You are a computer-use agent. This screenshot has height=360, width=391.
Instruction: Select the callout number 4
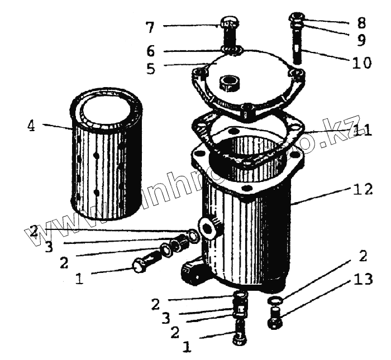pyautogui.click(x=31, y=126)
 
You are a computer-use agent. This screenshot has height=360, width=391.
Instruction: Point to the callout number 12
pyautogui.click(x=362, y=190)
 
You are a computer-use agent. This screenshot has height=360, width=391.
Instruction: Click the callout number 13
pyautogui.click(x=363, y=279)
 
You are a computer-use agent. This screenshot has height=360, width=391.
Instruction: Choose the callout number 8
pyautogui.click(x=363, y=23)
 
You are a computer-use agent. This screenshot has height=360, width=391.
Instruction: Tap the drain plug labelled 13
pyautogui.click(x=275, y=321)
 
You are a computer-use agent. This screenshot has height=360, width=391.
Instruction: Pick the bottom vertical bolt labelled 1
pyautogui.click(x=239, y=338)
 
